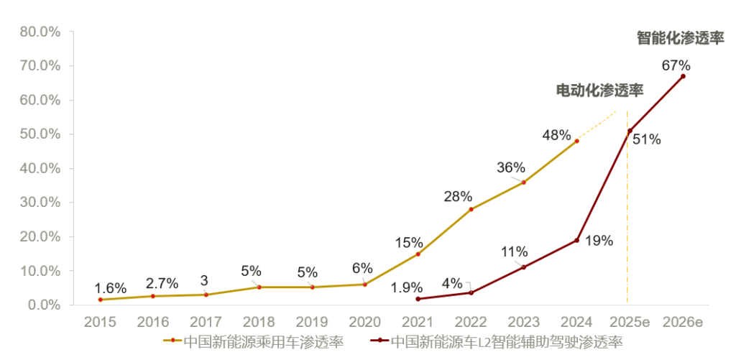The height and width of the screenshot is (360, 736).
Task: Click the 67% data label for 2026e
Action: (x=676, y=65)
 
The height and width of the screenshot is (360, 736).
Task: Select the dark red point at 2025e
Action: (x=630, y=131)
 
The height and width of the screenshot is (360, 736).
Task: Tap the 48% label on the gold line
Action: (x=556, y=135)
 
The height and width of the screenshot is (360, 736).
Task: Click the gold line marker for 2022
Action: (x=471, y=210)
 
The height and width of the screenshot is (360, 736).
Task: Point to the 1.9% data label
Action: (x=406, y=288)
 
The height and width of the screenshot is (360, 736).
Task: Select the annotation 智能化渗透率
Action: (x=680, y=38)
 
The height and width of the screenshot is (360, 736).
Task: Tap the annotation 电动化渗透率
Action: (x=599, y=90)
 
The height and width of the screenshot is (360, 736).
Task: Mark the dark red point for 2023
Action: (x=523, y=267)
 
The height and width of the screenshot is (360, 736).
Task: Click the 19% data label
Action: (x=598, y=241)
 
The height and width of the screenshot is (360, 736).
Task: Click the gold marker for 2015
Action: (x=100, y=300)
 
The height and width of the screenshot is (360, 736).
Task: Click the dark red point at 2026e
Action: (x=683, y=76)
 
